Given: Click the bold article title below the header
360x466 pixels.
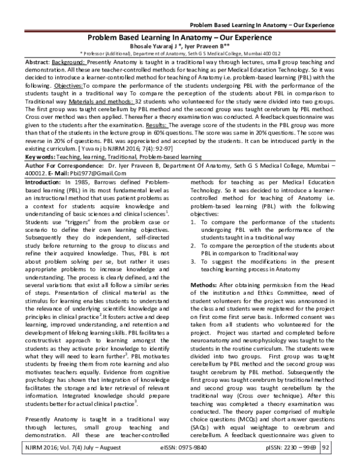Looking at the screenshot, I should coord(180,36).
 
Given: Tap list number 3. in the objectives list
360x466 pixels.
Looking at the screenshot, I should coord(193,245).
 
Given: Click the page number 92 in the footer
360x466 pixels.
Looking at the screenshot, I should coord(343,447).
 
